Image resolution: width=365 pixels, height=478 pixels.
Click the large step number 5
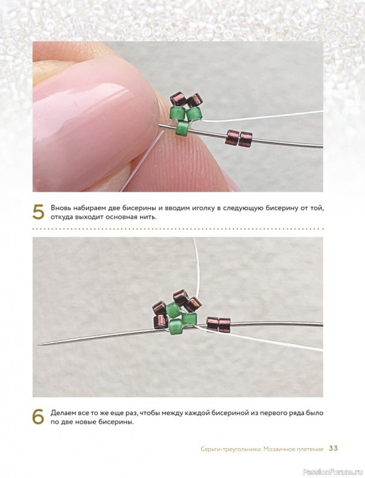38,212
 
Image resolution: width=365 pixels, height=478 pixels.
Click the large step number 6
38,417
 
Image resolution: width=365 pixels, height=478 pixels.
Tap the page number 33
333,448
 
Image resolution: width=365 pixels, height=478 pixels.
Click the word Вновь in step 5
60,208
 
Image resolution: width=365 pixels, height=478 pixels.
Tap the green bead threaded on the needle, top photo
182,128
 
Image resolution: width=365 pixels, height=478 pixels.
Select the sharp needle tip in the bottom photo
39,344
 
